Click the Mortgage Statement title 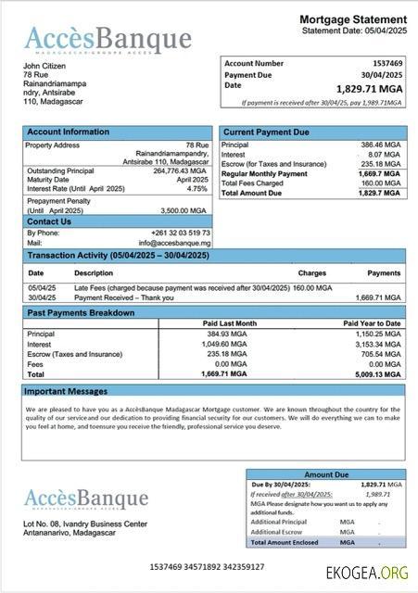pos(352,19)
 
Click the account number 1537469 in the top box pos(387,63)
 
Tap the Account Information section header pos(68,132)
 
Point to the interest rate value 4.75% pos(196,188)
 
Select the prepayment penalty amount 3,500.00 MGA pos(184,210)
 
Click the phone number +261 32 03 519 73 pos(181,233)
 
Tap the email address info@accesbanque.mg pos(181,243)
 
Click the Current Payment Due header pos(267,132)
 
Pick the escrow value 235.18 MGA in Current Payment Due pos(379,164)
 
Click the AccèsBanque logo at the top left pos(108,39)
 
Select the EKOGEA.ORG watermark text pos(367,573)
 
